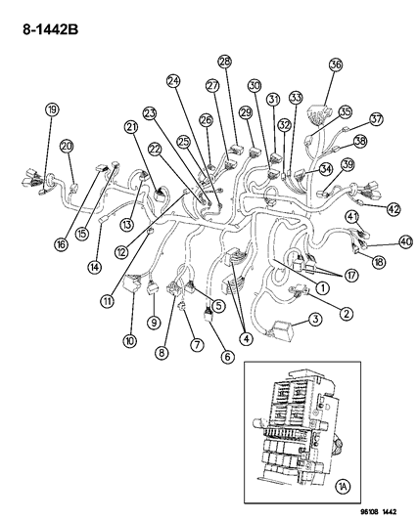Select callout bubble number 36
[x=336, y=65]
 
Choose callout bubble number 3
[x=316, y=320]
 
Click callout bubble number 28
[x=224, y=62]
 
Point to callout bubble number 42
[x=393, y=208]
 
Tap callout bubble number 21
[x=130, y=127]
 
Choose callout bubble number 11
[x=106, y=300]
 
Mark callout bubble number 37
[x=376, y=119]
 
